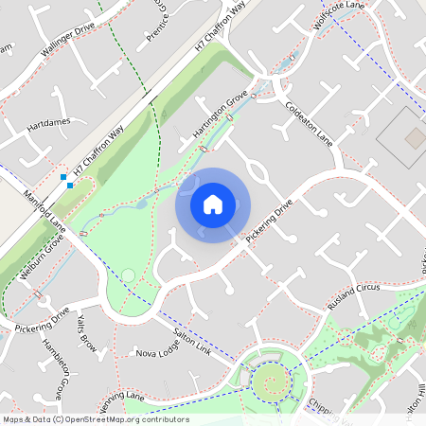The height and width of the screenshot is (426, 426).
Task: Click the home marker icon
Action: click(x=213, y=204)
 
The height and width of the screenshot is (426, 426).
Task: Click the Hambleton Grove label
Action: click(x=54, y=365)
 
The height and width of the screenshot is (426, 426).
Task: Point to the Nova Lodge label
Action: click(x=156, y=352)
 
